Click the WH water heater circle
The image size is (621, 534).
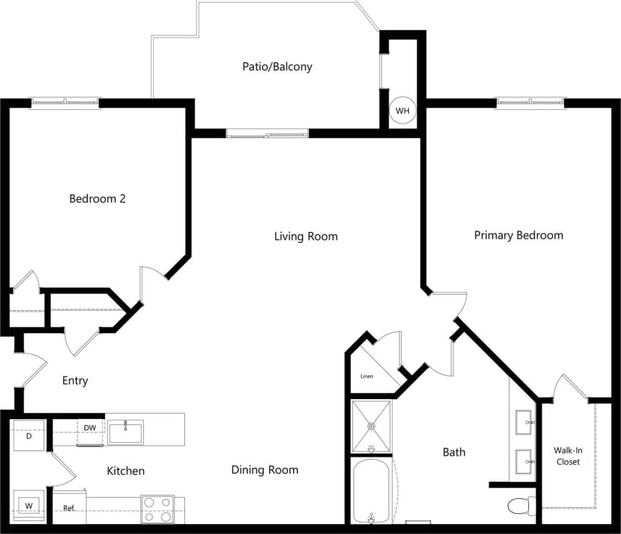pyautogui.click(x=402, y=111)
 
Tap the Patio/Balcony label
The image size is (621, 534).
pyautogui.click(x=277, y=67)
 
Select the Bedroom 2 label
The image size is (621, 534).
pyautogui.click(x=97, y=199)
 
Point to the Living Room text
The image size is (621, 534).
pyautogui.click(x=306, y=236)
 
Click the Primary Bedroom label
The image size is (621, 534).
pyautogui.click(x=518, y=235)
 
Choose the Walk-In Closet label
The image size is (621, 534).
pyautogui.click(x=567, y=456)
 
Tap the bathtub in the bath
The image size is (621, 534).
pyautogui.click(x=371, y=491)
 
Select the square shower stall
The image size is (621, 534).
pyautogui.click(x=371, y=427)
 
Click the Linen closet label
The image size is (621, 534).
pyautogui.click(x=367, y=377)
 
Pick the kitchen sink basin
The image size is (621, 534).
pyautogui.click(x=125, y=432)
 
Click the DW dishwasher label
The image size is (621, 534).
pyautogui.click(x=90, y=428)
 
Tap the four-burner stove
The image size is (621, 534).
pyautogui.click(x=157, y=508)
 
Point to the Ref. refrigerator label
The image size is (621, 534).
pyautogui.click(x=69, y=508)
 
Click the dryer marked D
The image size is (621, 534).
pyautogui.click(x=29, y=435)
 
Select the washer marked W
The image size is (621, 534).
pyautogui.click(x=29, y=505)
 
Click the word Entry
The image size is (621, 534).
pyautogui.click(x=75, y=380)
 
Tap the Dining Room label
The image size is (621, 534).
pyautogui.click(x=264, y=470)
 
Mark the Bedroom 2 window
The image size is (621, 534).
pyautogui.click(x=65, y=103)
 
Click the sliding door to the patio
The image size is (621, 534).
pyautogui.click(x=267, y=133)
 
